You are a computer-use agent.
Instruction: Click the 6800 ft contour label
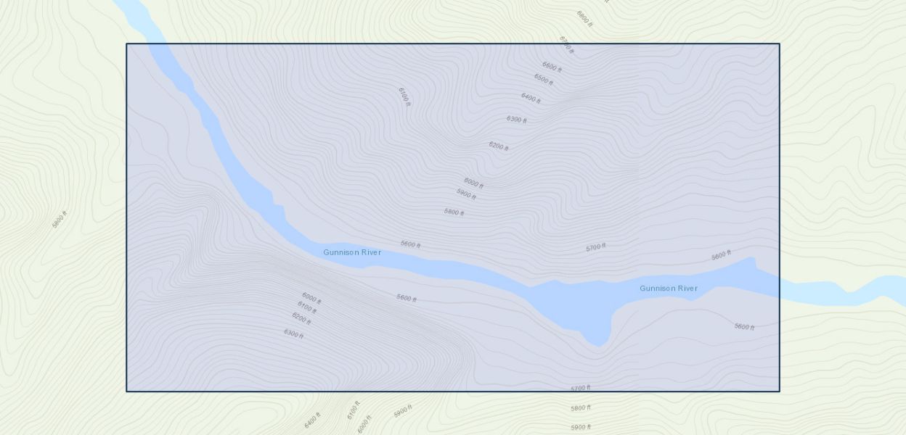pyautogui.click(x=584, y=18)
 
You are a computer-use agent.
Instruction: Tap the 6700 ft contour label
pyautogui.click(x=566, y=45)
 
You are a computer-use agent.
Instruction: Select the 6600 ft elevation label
pyautogui.click(x=552, y=67)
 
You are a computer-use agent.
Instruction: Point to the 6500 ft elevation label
pyautogui.click(x=543, y=79)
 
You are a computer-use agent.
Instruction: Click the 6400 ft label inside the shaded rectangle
pyautogui.click(x=531, y=98)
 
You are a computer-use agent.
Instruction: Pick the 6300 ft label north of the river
pyautogui.click(x=516, y=120)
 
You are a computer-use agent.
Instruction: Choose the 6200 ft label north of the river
pyautogui.click(x=498, y=146)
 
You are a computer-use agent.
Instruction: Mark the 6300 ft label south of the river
pyautogui.click(x=293, y=333)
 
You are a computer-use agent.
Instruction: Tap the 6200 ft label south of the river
pyautogui.click(x=301, y=318)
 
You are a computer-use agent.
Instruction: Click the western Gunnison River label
pyautogui.click(x=352, y=252)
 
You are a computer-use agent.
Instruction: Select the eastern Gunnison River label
pyautogui.click(x=668, y=289)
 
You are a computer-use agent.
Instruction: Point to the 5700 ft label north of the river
pyautogui.click(x=595, y=248)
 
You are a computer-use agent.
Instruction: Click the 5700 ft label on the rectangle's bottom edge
pyautogui.click(x=580, y=389)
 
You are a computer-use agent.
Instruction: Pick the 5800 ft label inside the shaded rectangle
pyautogui.click(x=454, y=212)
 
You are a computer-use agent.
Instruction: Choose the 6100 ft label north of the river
pyautogui.click(x=404, y=96)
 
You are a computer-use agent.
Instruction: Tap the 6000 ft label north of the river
pyautogui.click(x=473, y=183)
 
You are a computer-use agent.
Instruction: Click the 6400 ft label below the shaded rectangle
pyautogui.click(x=312, y=420)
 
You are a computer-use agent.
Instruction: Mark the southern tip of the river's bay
pyautogui.click(x=597, y=345)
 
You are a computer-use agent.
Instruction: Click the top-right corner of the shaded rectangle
pyautogui.click(x=779, y=44)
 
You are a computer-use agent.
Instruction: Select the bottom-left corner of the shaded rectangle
pyautogui.click(x=127, y=391)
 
